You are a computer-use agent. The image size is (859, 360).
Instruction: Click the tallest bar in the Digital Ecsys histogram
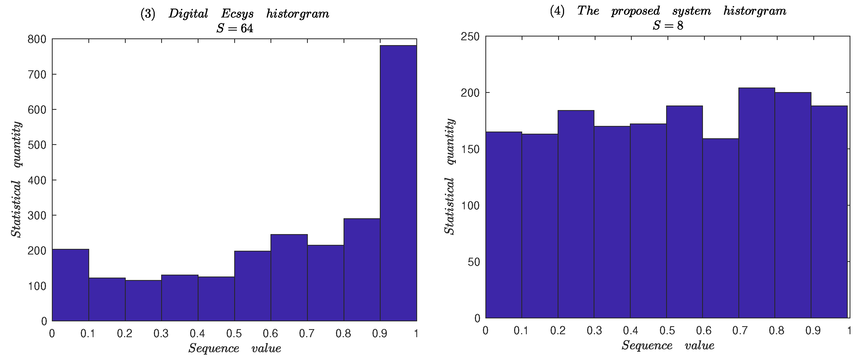(398, 183)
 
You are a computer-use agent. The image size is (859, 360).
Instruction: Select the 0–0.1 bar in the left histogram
(70, 285)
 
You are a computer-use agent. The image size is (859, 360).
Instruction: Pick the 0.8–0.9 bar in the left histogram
(362, 270)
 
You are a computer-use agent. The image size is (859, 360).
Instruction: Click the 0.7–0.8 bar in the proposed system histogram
(757, 203)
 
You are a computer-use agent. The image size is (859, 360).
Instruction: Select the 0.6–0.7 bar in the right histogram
(720, 228)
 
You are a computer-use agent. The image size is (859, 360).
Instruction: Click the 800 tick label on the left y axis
(37, 39)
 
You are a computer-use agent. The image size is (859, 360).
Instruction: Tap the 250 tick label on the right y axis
(470, 37)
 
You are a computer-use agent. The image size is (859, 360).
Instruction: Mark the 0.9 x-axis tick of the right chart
(813, 330)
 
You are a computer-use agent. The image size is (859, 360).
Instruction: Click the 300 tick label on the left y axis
(37, 215)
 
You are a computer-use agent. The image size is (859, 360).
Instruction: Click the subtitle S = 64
(234, 28)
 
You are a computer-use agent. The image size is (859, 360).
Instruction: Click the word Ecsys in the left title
(237, 14)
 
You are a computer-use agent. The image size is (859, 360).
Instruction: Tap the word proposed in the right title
(635, 11)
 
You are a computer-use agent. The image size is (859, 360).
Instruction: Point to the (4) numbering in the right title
(557, 11)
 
